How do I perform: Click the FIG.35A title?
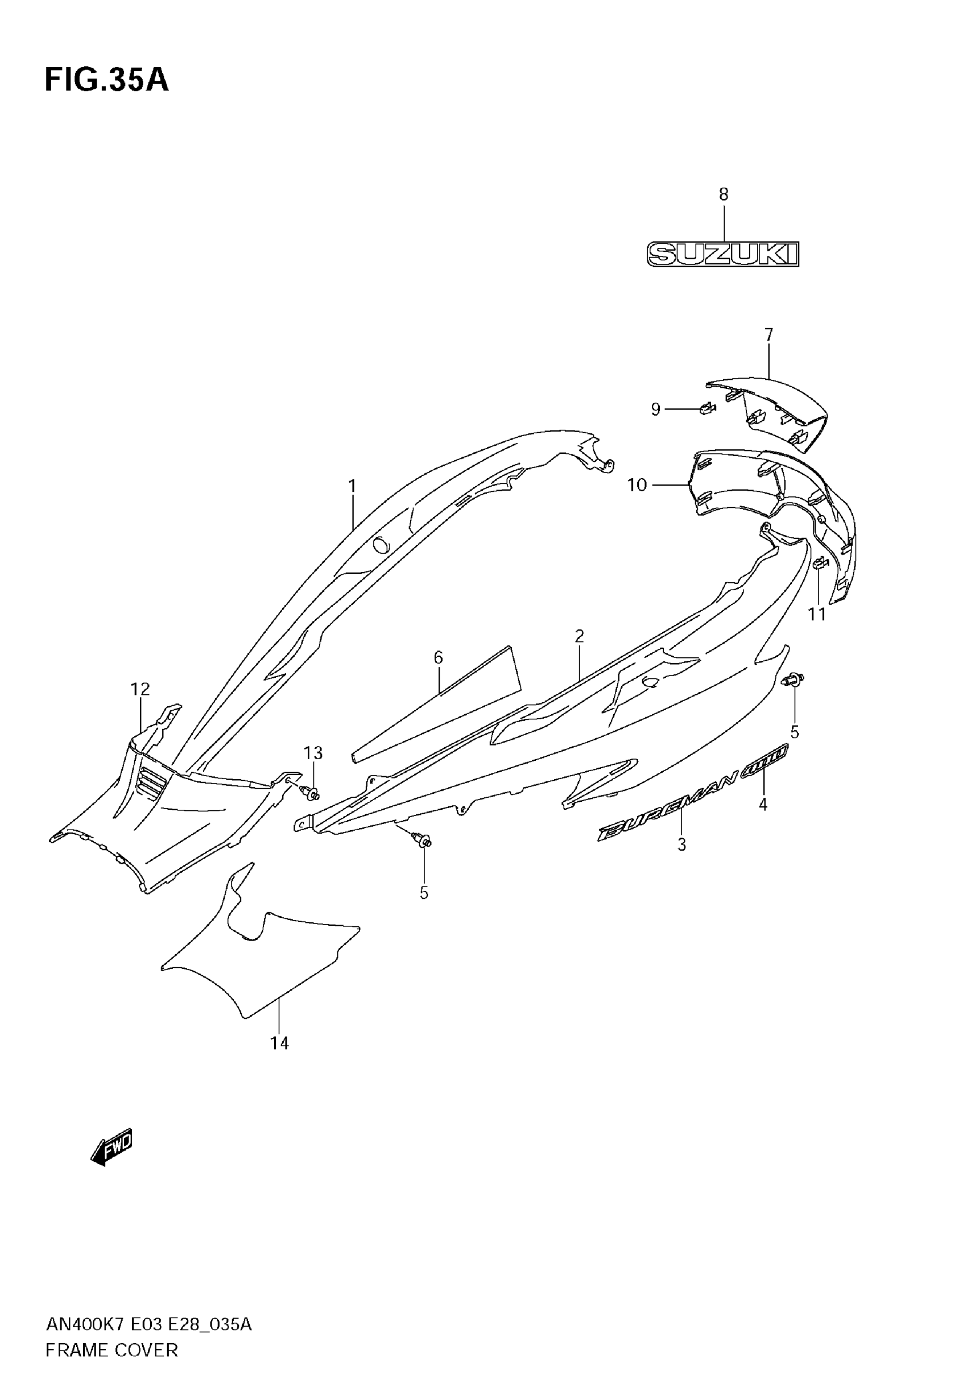[106, 80]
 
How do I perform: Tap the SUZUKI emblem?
[723, 254]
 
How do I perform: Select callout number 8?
[724, 194]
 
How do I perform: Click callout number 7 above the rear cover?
[769, 335]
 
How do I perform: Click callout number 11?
[817, 615]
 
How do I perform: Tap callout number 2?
[579, 636]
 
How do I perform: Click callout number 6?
[438, 657]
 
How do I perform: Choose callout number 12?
[140, 689]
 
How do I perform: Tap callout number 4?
[763, 804]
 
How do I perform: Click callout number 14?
[279, 1043]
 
